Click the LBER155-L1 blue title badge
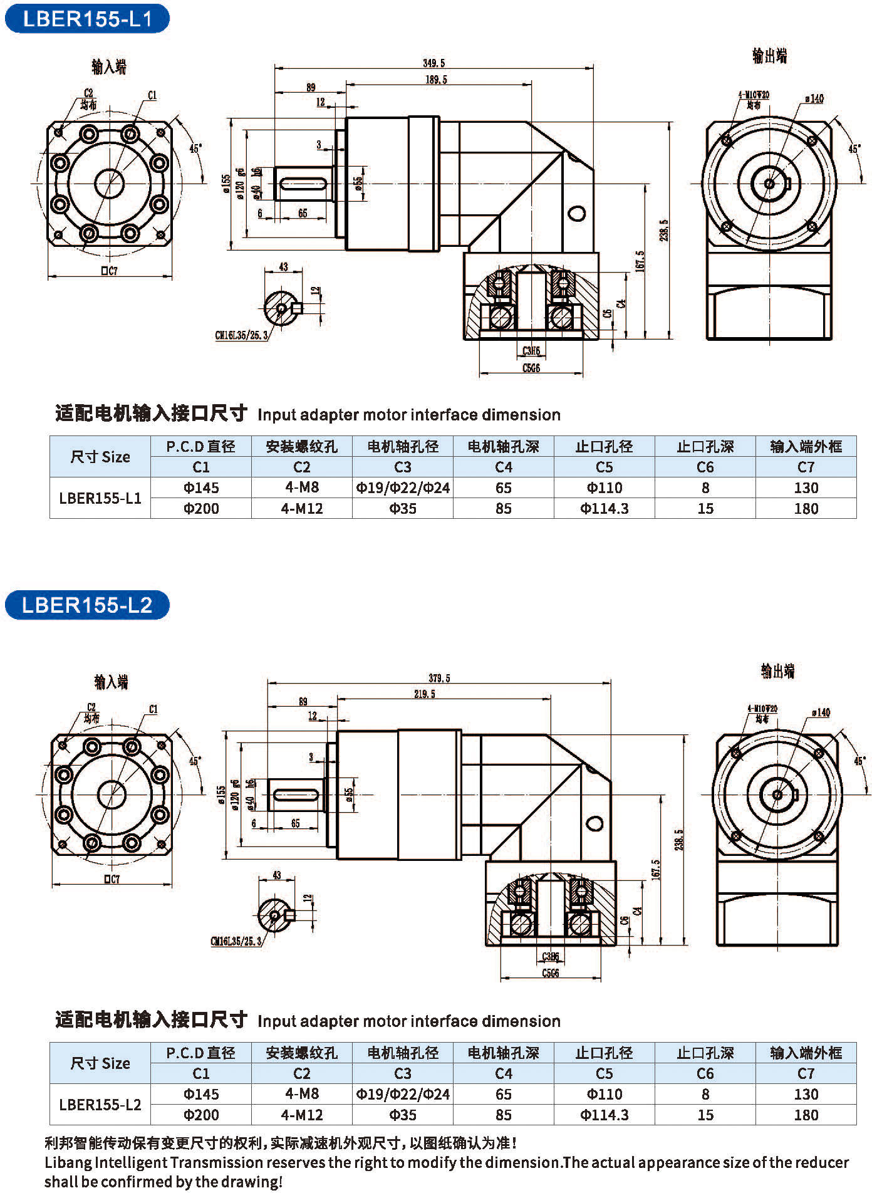click(87, 18)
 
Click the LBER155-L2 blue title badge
click(87, 605)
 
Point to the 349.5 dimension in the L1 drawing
click(433, 63)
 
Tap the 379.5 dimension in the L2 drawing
click(439, 678)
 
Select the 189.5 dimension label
click(436, 80)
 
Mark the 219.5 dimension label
click(424, 694)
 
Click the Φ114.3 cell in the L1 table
click(604, 508)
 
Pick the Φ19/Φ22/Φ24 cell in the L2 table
click(403, 1094)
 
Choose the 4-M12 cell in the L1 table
click(301, 508)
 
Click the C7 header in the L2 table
click(806, 1073)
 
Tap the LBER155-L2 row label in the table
click(100, 1104)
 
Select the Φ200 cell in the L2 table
click(201, 1115)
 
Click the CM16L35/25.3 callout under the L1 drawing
click(241, 335)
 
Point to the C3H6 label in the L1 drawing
click(531, 351)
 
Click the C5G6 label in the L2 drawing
click(550, 973)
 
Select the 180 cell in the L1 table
click(806, 508)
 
